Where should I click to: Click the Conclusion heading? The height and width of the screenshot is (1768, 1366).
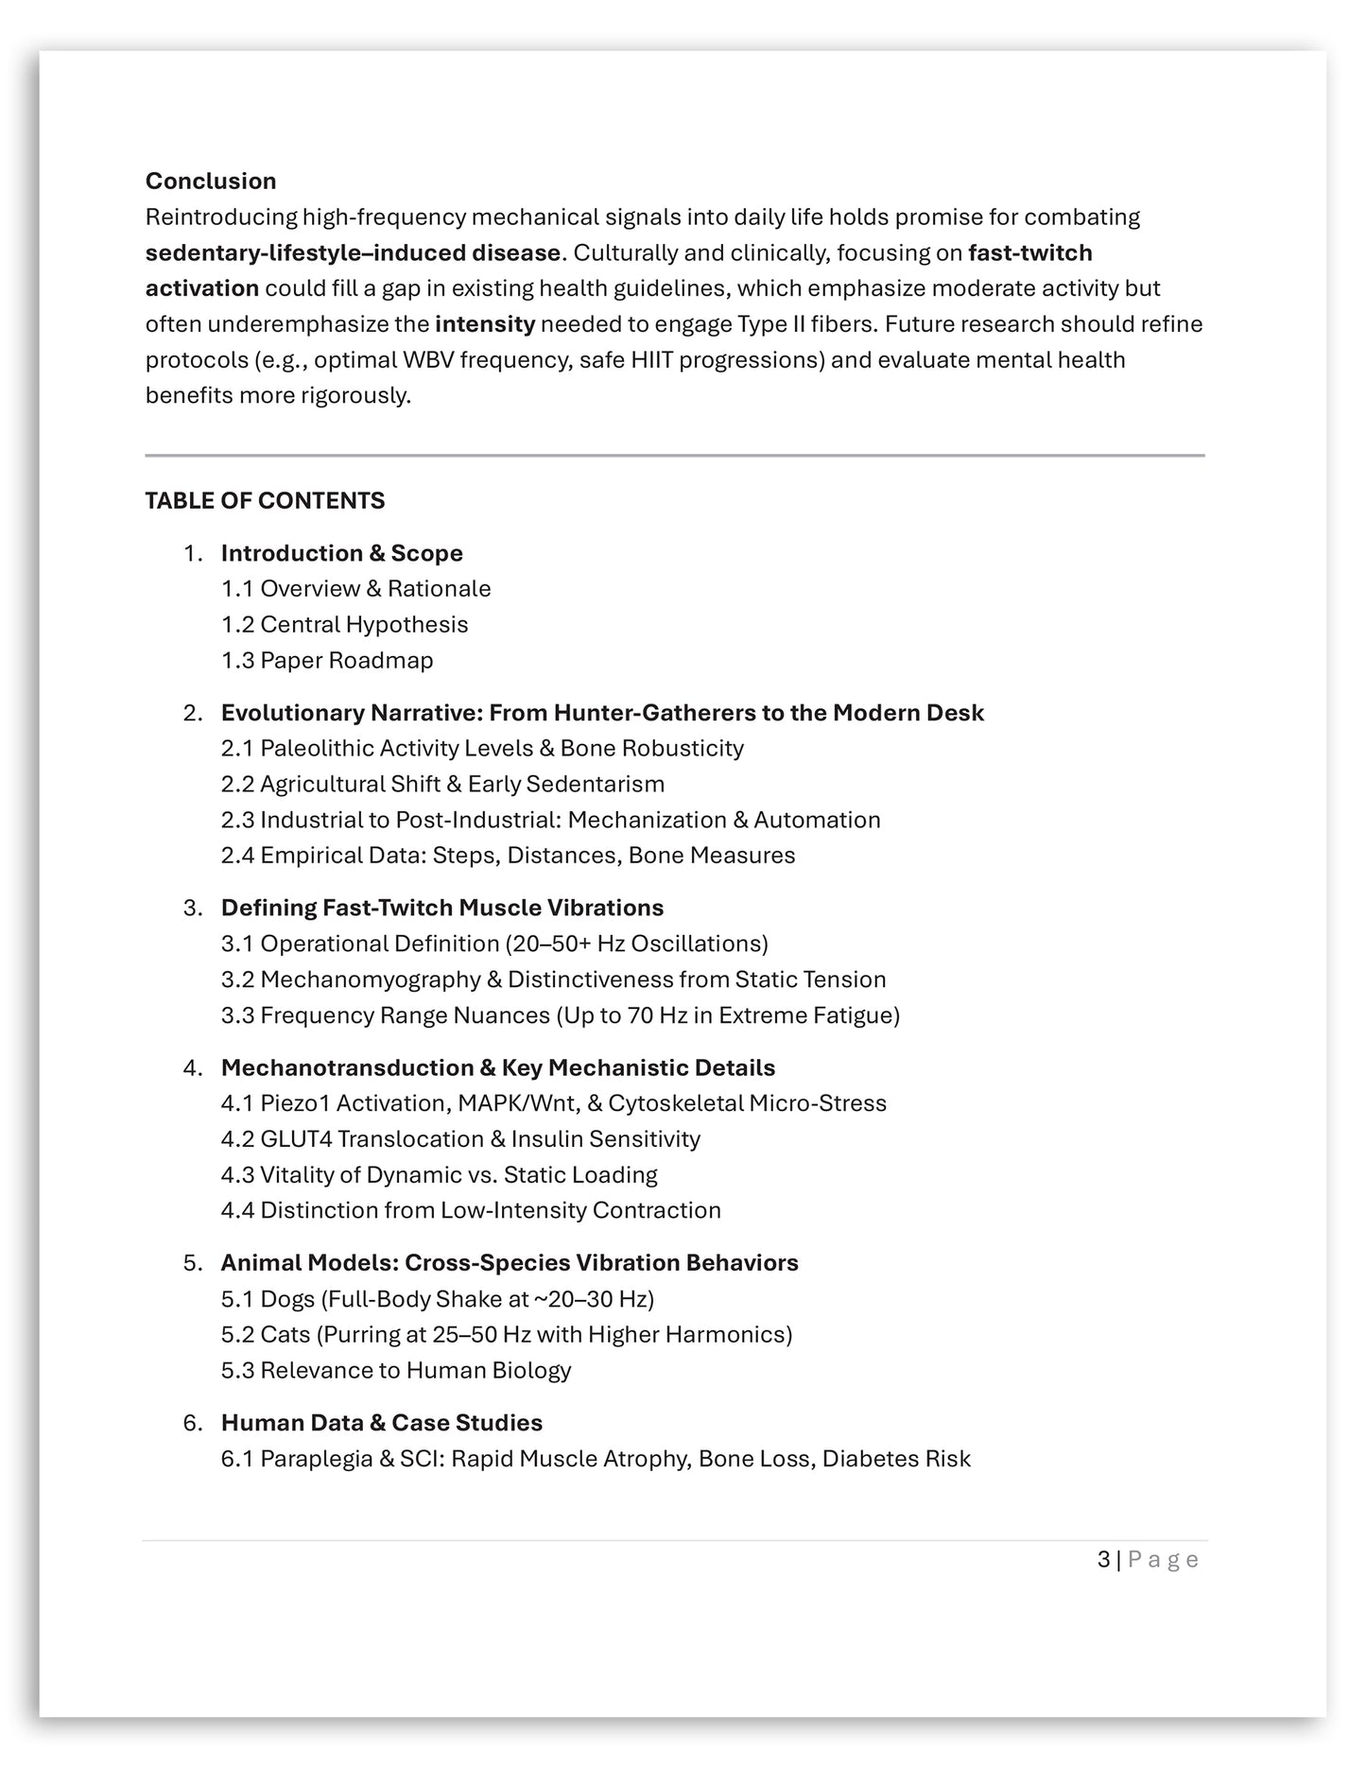pyautogui.click(x=211, y=181)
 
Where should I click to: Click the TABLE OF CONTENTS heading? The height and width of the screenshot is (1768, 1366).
pyautogui.click(x=265, y=500)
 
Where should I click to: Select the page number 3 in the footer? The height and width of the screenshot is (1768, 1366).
pyautogui.click(x=1103, y=1559)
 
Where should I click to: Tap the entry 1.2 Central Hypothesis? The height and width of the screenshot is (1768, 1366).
pyautogui.click(x=344, y=624)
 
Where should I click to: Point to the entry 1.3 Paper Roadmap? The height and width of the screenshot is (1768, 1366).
pyautogui.click(x=327, y=660)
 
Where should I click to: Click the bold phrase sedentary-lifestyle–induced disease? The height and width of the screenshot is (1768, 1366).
pyautogui.click(x=353, y=252)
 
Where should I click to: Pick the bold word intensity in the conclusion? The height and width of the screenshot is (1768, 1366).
pyautogui.click(x=485, y=324)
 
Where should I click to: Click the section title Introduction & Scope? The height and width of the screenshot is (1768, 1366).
pyautogui.click(x=341, y=553)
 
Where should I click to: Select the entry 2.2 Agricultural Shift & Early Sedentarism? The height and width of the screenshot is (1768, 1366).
pyautogui.click(x=442, y=784)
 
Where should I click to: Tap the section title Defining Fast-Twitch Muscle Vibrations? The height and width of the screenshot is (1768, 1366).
pyautogui.click(x=442, y=908)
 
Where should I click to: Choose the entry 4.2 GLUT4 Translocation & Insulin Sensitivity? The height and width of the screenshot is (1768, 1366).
pyautogui.click(x=460, y=1139)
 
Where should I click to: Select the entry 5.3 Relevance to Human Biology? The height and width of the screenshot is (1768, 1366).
pyautogui.click(x=396, y=1370)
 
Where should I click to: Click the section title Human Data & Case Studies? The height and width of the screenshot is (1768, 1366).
pyautogui.click(x=381, y=1423)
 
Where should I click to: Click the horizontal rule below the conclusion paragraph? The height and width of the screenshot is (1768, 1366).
pyautogui.click(x=674, y=456)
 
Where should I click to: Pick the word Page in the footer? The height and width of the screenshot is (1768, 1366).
pyautogui.click(x=1163, y=1559)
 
